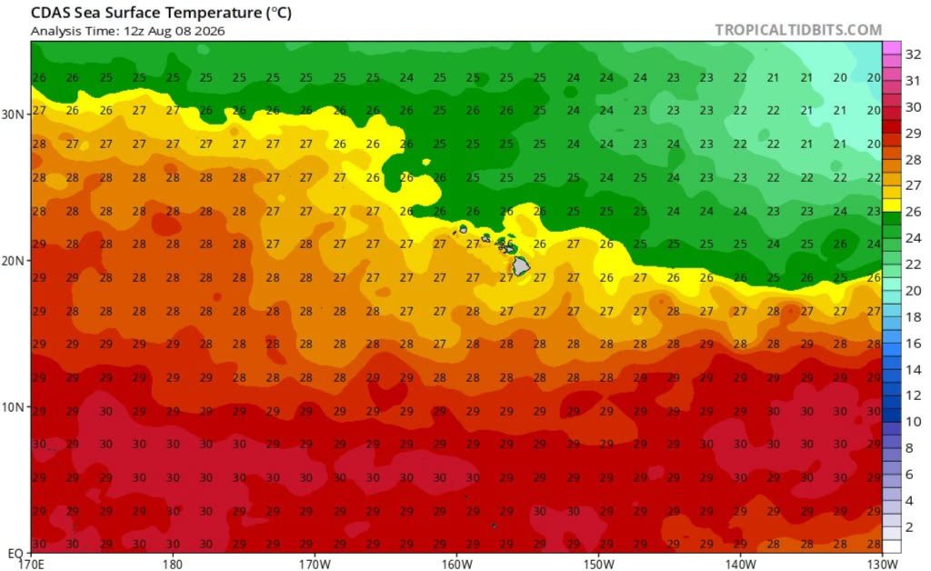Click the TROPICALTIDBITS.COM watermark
[x=798, y=30]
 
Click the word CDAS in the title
[x=49, y=13]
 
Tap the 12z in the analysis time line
[x=133, y=31]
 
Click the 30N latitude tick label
[x=13, y=114]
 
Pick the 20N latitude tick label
[x=13, y=261]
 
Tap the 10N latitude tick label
[x=13, y=407]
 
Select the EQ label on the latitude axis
[x=15, y=554]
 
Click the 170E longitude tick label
[x=31, y=564]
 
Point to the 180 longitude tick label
[x=173, y=564]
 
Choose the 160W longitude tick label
[x=456, y=564]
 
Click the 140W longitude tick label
[x=740, y=564]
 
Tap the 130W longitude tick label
[x=882, y=564]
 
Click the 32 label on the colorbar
[x=913, y=55]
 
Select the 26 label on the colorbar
[x=913, y=212]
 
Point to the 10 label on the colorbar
[x=913, y=422]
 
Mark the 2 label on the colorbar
[x=909, y=527]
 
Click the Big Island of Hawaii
[x=521, y=265]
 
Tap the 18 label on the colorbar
[x=913, y=317]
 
